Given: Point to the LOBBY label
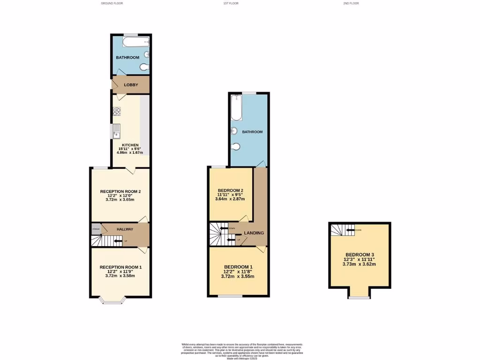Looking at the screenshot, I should point(131,85).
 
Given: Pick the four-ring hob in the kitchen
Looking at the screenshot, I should point(116,112).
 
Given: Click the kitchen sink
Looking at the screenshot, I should point(116,132).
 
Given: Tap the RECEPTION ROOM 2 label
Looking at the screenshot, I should point(120,191).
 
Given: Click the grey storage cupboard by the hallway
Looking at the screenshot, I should point(96,229).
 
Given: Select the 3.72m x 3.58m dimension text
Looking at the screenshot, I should point(120,276).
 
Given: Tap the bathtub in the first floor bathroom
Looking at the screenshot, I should point(236,108).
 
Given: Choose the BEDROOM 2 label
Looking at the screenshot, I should point(230,190).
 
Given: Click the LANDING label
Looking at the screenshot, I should point(254,233).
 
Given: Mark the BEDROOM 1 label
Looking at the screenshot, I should point(238,266).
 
